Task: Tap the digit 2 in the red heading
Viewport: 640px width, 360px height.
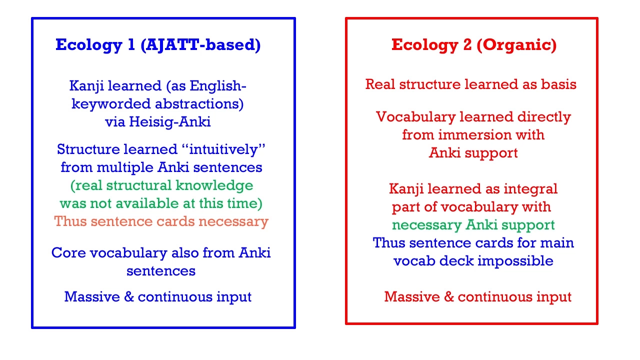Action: coord(467,45)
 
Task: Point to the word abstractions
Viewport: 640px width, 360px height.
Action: coord(199,104)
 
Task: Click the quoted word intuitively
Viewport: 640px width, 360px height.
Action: coord(223,149)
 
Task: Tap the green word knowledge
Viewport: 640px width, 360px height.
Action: coord(214,185)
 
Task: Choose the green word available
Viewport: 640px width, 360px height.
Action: coord(147,203)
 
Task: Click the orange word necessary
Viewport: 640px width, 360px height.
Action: coord(233,221)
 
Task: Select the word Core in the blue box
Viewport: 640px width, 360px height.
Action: coord(68,253)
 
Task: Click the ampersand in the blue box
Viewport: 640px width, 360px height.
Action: coord(129,296)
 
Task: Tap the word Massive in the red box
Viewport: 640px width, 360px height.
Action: coord(412,296)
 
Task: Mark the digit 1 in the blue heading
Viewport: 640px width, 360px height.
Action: coord(131,45)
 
